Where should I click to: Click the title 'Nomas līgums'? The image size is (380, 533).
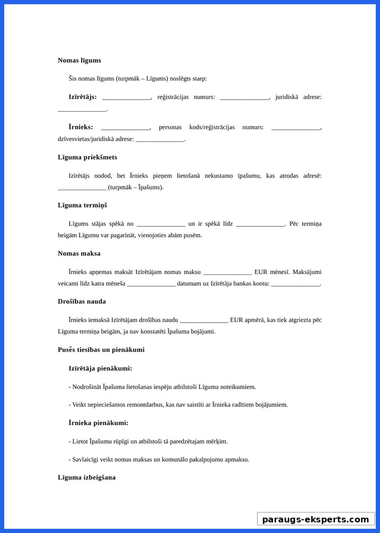pos(79,60)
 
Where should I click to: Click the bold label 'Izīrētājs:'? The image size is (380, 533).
pos(82,97)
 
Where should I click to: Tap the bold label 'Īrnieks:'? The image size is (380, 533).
pos(81,127)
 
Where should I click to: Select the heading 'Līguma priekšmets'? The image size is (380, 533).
pos(87,157)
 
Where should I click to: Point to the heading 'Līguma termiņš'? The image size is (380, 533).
pos(82,205)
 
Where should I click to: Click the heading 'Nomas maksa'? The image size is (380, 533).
pos(79,253)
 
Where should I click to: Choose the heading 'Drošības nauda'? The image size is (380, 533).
pos(82,301)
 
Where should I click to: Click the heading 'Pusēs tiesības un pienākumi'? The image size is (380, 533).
pos(101,350)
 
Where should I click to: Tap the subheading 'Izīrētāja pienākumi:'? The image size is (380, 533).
pos(100,368)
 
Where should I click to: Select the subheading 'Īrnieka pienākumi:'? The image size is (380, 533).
pos(98,423)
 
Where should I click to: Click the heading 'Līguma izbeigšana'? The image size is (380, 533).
pos(87,477)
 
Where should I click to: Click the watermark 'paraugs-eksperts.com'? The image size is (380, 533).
pos(315,519)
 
